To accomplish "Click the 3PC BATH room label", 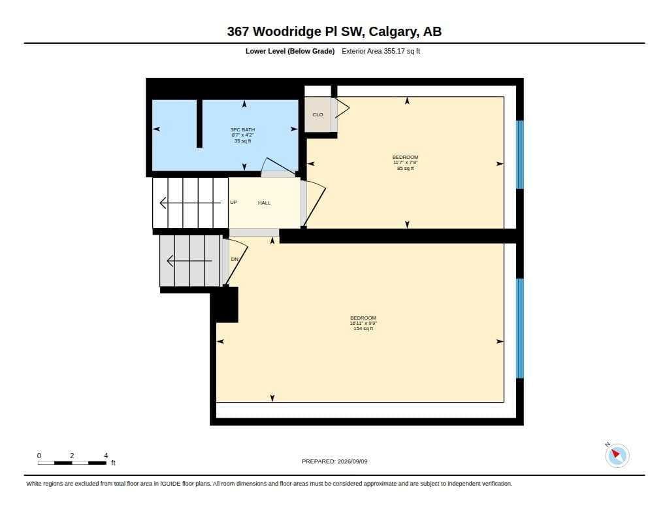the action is (242, 130).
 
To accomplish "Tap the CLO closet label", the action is (318, 115).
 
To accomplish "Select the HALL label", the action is (264, 203).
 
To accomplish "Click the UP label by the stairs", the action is (233, 203).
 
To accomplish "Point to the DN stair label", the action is (235, 259).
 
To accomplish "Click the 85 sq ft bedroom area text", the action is (405, 168).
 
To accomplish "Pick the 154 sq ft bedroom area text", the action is (363, 328).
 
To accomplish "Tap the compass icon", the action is (617, 455).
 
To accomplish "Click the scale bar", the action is (72, 463).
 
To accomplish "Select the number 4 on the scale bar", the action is (106, 456).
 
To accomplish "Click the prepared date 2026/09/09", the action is (352, 461).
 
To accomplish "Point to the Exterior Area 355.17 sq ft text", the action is (381, 51).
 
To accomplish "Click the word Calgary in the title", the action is (393, 31).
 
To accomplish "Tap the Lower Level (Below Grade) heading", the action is (289, 51).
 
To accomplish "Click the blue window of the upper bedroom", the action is (520, 154).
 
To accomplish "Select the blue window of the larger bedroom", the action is (520, 328).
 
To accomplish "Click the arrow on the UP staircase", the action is (190, 203).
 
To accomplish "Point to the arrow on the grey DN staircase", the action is (189, 260).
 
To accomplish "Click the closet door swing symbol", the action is (340, 108).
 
